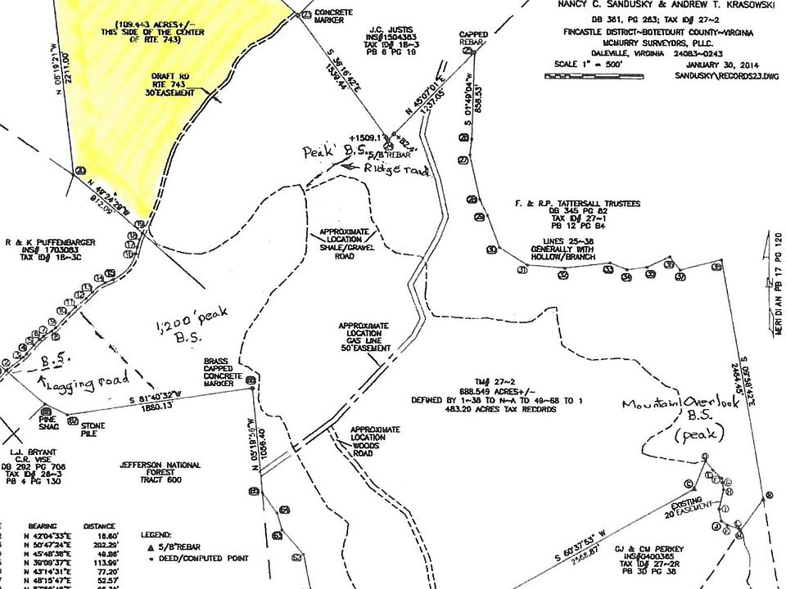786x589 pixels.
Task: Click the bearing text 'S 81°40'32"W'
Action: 163,400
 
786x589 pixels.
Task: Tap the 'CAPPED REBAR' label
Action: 473,38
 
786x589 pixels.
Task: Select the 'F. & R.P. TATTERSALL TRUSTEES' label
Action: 578,203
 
